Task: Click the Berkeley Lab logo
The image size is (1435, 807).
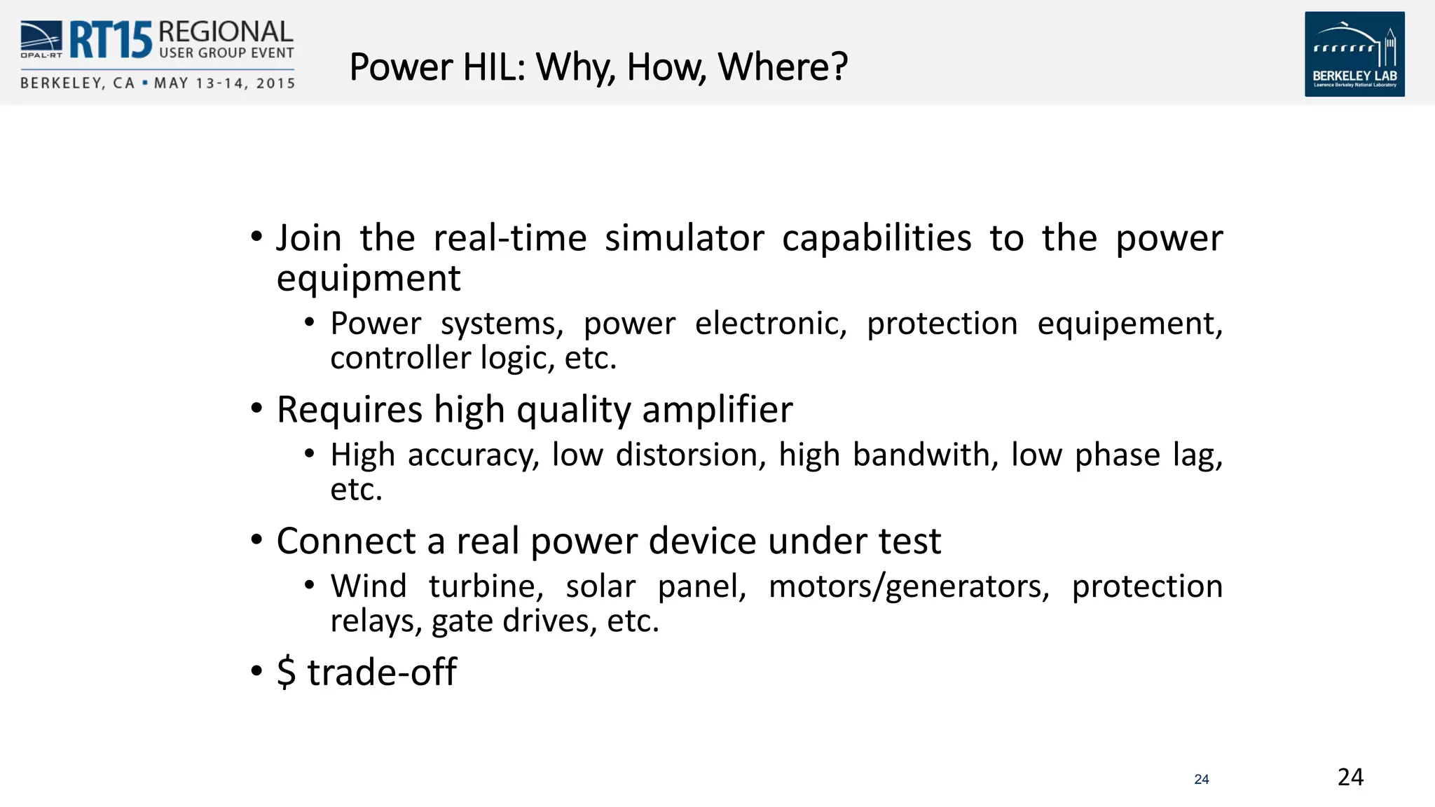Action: [x=1354, y=54]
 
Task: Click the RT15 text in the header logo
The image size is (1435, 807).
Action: [x=110, y=40]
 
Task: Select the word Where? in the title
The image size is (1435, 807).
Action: [x=783, y=67]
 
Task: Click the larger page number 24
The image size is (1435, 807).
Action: [x=1350, y=777]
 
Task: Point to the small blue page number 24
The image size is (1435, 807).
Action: [x=1202, y=779]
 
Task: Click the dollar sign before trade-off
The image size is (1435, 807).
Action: [x=286, y=672]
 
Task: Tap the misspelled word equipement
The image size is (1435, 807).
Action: [x=1130, y=324]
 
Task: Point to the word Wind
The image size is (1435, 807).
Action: [x=369, y=586]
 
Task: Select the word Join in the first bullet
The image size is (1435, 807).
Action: [x=309, y=238]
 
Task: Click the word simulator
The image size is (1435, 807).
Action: [x=684, y=238]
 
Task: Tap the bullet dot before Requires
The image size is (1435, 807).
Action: [x=256, y=408]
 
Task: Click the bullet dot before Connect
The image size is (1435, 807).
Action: [x=256, y=539]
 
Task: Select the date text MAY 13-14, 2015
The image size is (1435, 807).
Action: [x=224, y=83]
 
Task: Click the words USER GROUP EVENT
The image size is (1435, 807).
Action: [x=226, y=53]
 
